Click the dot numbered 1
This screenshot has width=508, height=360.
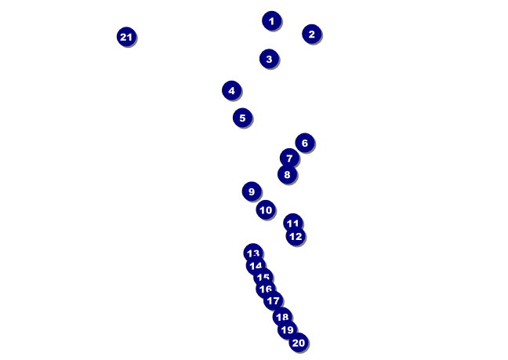271,21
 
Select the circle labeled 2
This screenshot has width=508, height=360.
311,34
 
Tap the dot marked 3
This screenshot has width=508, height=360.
269,59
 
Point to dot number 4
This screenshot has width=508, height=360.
231,90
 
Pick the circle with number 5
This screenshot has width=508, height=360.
242,118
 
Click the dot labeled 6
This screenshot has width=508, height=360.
305,143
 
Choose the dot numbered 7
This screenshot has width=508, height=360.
289,158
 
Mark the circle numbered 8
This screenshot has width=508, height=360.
287,174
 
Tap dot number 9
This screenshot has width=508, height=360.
251,191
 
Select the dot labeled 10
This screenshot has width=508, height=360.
266,209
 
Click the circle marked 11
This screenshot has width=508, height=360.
292,223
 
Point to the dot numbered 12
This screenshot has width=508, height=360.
295,236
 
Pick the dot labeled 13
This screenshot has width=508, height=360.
252,253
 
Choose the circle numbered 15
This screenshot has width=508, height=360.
263,277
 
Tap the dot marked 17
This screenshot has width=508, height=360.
272,300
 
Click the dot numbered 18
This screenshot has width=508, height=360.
282,317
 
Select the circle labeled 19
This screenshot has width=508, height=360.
287,330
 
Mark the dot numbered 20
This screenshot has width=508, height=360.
298,343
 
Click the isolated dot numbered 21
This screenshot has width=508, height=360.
126,37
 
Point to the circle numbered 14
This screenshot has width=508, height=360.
256,266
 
